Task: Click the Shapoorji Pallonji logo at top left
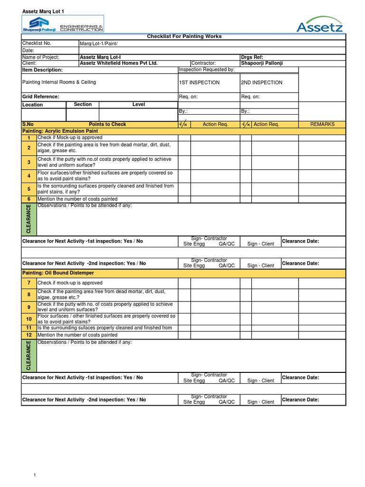tap(63, 23)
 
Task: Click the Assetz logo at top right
tap(319, 24)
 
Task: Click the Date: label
tap(29, 50)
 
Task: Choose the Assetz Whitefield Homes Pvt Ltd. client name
tap(118, 63)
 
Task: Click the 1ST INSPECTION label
tap(199, 83)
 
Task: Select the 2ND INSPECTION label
tap(261, 83)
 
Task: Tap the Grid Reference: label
tap(41, 97)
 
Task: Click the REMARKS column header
tap(322, 125)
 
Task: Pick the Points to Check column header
tap(107, 125)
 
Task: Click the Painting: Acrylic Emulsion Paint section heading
tap(60, 131)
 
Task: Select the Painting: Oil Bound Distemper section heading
tap(58, 273)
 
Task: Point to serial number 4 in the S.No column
tap(29, 176)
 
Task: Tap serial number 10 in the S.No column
tap(29, 319)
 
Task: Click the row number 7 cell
tap(29, 283)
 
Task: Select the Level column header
tap(139, 105)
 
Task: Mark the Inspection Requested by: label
tap(207, 70)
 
